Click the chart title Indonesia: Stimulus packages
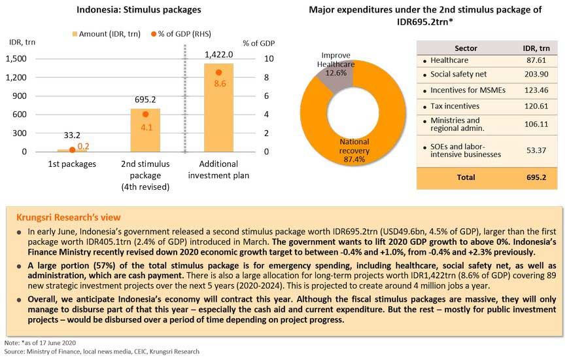pyautogui.click(x=139, y=10)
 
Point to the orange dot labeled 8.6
pyautogui.click(x=219, y=72)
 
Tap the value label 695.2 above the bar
pyautogui.click(x=145, y=100)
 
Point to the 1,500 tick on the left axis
pyautogui.click(x=16, y=59)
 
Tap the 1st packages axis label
pyautogui.click(x=72, y=164)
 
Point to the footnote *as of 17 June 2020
pyautogui.click(x=41, y=343)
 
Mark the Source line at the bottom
pyautogui.click(x=101, y=351)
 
